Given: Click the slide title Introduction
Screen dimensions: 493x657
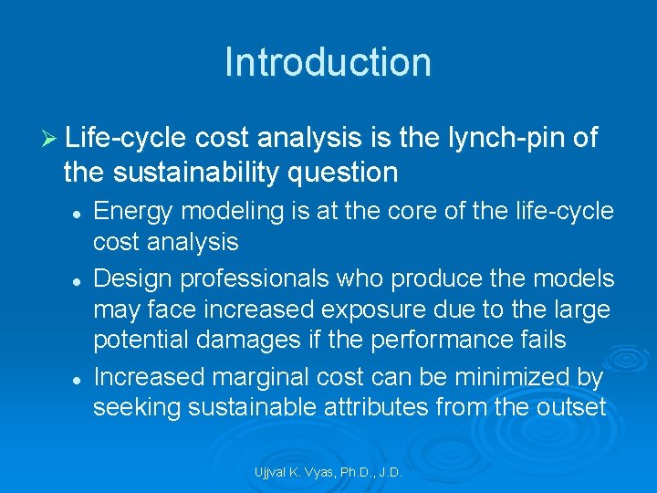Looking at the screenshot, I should tap(328, 63).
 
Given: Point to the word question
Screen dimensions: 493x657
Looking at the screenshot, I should tap(351, 172).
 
